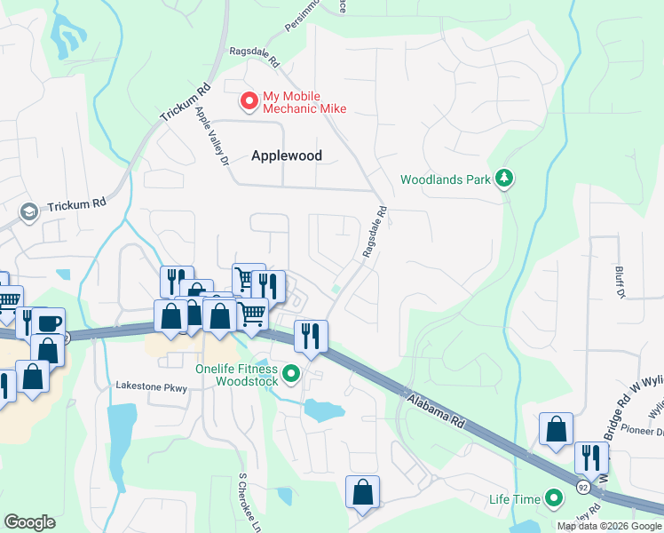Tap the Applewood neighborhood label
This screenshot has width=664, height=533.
point(286,155)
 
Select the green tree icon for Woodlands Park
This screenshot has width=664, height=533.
point(505,179)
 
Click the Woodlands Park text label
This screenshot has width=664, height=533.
point(445,179)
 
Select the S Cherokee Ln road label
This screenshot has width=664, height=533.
point(241,498)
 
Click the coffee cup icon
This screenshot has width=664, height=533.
point(49,322)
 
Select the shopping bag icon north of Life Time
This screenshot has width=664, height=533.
point(556,428)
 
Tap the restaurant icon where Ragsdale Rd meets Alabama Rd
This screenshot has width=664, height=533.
point(311,335)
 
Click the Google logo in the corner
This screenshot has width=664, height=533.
point(29,522)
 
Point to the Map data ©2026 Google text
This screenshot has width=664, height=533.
point(609,526)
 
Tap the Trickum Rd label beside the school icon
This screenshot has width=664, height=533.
point(77,203)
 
